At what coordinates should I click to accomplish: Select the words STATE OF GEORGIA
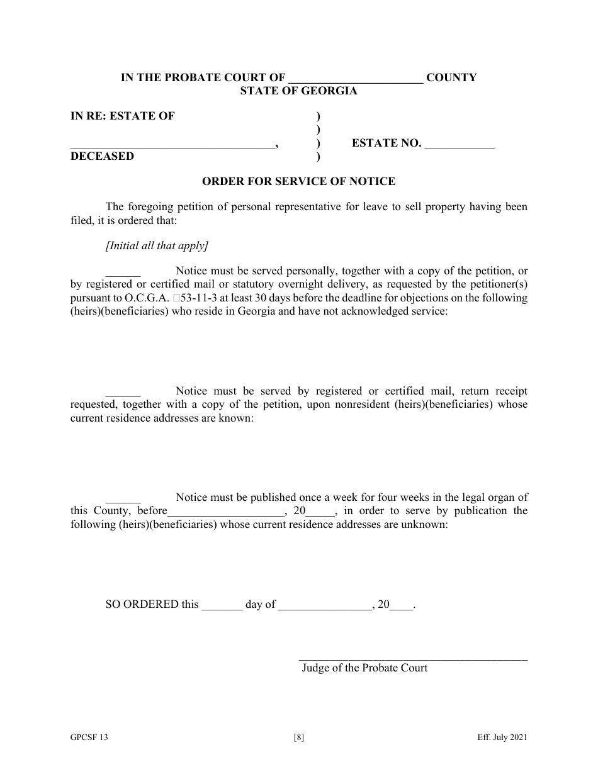point(298,91)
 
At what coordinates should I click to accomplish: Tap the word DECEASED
point(102,156)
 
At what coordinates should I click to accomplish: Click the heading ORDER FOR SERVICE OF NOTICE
point(298,181)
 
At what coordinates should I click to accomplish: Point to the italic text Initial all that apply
point(157,245)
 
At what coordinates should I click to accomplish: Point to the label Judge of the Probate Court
point(364,668)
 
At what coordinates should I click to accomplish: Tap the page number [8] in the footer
point(299,739)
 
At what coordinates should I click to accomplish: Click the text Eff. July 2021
point(501,739)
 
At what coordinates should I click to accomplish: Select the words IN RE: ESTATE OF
point(123,116)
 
